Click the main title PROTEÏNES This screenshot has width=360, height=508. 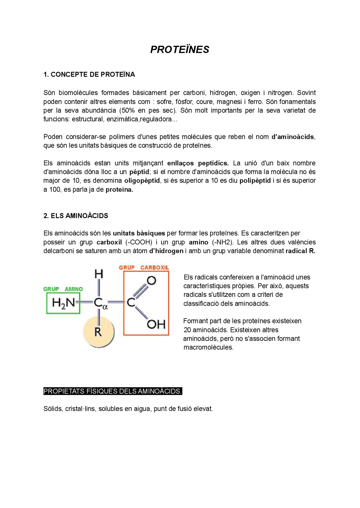(179, 49)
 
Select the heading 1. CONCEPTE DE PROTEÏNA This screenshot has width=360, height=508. (89, 74)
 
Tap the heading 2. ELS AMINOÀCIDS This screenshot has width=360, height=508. (76, 216)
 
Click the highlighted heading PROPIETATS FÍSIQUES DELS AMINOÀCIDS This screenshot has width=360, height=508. (112, 391)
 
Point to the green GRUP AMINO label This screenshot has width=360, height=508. (63, 289)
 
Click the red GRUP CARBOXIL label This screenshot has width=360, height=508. (144, 267)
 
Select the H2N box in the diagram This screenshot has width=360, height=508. (63, 303)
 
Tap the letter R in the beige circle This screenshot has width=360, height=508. (98, 332)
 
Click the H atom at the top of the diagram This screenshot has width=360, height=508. (99, 274)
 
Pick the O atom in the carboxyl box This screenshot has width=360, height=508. (152, 280)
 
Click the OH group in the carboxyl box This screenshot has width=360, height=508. (156, 325)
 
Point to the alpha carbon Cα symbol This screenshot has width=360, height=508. (100, 303)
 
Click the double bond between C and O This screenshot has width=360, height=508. (140, 291)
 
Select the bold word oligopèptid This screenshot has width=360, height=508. (142, 181)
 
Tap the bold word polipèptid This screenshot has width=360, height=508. (255, 181)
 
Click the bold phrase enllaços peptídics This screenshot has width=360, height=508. (198, 163)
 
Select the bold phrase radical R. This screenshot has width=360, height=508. (300, 251)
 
